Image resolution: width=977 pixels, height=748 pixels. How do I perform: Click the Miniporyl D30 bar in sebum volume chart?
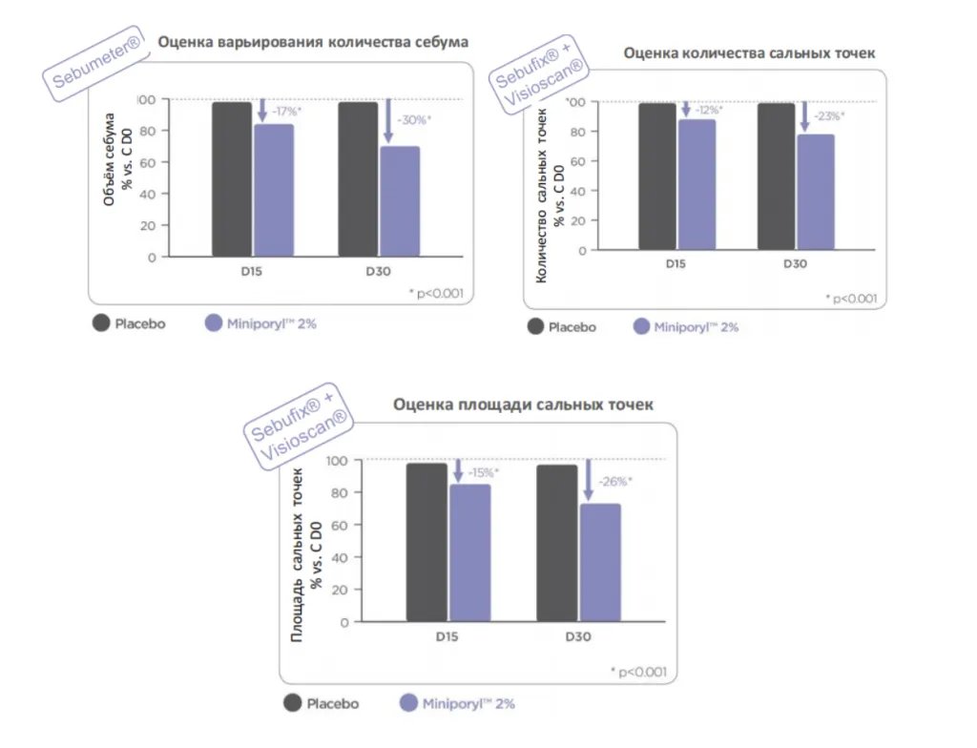coord(400,201)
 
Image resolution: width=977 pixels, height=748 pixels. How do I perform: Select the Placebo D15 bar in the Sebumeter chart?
coord(232,179)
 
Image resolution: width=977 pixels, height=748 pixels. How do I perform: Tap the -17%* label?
coord(286,112)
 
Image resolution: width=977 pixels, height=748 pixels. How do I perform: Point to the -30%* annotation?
coord(414,119)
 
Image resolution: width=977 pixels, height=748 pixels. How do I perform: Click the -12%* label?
coord(709,111)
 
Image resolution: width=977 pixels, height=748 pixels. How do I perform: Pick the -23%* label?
coord(829,116)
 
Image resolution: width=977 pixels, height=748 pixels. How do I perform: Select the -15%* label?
coord(484,472)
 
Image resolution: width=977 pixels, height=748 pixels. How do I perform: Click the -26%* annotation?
coord(615,481)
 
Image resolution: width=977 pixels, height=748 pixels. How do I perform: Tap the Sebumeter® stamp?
coord(96,63)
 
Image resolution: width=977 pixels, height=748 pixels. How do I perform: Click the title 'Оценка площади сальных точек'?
coord(523,405)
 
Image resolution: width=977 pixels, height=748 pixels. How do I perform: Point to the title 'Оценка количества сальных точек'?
coord(749,53)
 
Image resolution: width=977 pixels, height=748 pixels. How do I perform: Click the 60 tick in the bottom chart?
coord(339,526)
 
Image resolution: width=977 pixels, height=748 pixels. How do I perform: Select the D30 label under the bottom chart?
coord(577,636)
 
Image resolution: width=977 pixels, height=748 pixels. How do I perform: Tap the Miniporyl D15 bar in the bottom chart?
coord(470,553)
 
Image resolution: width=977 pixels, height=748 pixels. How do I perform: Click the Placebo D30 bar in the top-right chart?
coord(777,177)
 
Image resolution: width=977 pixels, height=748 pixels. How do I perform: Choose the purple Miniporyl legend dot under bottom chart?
coord(408,703)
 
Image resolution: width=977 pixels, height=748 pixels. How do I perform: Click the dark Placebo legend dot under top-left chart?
coord(101,322)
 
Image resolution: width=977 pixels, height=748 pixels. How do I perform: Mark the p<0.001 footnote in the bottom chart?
coord(638,672)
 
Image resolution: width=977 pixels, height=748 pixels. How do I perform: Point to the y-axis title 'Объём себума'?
coord(109,159)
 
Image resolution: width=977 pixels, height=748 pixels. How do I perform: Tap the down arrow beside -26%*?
coord(588,480)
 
